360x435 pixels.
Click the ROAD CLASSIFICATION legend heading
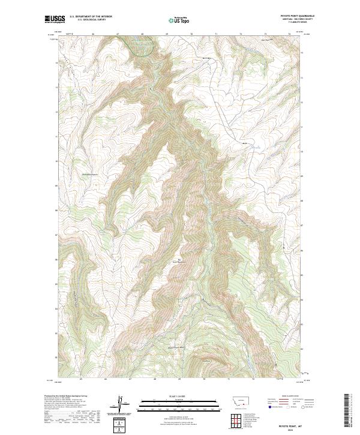(283, 397)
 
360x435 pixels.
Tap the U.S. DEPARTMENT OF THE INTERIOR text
(91, 17)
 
